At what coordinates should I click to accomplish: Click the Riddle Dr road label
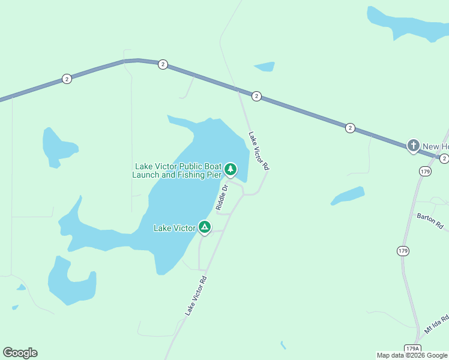coord(221,197)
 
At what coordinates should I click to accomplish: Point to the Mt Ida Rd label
coord(436,324)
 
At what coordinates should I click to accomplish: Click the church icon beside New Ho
coord(413,146)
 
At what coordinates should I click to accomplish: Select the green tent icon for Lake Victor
coord(205,227)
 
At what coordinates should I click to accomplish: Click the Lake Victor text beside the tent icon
coord(174,228)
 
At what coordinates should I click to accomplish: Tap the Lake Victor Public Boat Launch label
coord(178,170)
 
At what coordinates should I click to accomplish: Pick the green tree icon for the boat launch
coord(230,170)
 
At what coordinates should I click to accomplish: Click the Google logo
coord(20,353)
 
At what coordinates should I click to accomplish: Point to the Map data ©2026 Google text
coord(412,355)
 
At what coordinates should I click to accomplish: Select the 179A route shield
coord(412,349)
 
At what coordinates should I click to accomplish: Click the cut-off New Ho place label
coord(436,146)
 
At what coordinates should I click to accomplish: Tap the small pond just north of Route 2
coord(265,66)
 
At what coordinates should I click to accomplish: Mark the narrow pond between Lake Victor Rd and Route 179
coord(348,196)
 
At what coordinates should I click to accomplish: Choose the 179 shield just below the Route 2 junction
coord(425,172)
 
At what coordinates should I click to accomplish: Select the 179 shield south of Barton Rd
coord(403,250)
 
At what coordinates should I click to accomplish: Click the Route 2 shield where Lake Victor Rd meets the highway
coord(256,96)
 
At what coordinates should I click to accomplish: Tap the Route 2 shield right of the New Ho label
coord(444,158)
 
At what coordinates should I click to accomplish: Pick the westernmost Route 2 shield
coord(67,79)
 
